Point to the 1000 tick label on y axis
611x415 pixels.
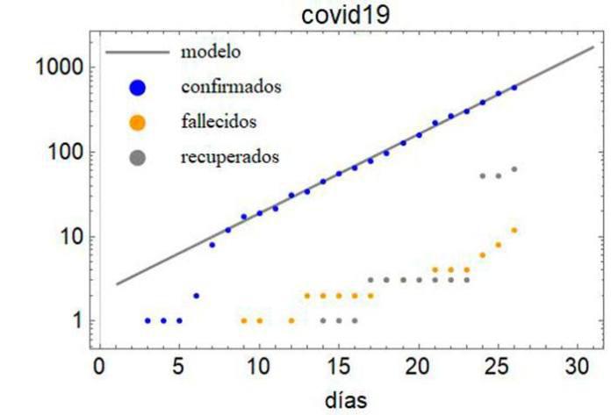(x=58, y=68)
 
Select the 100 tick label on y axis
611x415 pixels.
(x=63, y=152)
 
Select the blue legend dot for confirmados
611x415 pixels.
(x=137, y=87)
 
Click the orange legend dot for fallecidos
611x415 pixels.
(x=137, y=122)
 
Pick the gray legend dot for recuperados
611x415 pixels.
(x=137, y=158)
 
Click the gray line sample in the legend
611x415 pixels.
(x=137, y=52)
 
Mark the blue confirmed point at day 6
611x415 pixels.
(x=196, y=296)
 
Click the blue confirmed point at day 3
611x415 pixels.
(x=147, y=321)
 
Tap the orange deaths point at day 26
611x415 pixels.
(x=514, y=230)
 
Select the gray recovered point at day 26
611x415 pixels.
(x=514, y=169)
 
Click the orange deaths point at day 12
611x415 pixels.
(x=291, y=321)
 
